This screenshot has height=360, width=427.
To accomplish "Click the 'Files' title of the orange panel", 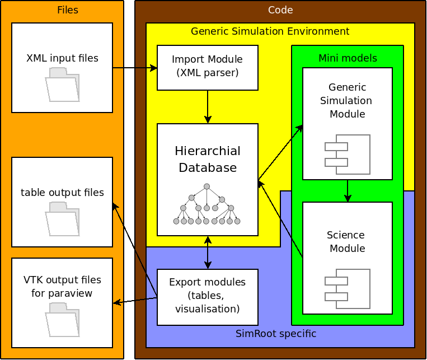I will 68,10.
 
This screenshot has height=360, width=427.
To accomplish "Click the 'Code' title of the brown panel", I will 280,10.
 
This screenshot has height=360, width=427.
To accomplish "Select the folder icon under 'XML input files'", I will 63,84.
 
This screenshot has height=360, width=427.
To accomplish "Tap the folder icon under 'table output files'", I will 63,218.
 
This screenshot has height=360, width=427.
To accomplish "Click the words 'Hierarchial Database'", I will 207,160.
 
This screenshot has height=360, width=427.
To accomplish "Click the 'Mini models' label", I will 348,58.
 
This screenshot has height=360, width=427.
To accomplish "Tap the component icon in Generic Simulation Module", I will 348,154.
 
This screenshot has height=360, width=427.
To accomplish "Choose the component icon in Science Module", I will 348,288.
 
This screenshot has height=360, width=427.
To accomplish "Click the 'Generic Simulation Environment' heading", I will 270,31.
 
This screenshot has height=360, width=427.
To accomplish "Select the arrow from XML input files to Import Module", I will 134,68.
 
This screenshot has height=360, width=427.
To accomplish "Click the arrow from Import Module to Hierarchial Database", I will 208,106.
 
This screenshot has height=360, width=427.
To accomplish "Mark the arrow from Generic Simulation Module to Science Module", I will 348,190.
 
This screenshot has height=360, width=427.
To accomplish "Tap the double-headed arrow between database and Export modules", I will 208,252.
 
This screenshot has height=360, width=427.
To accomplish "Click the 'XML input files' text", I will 62,58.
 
